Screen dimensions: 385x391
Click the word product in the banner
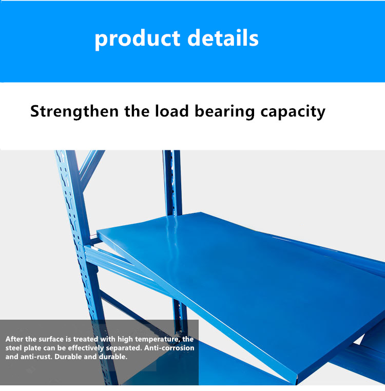pyautogui.click(x=138, y=39)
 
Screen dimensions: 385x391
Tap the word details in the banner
pyautogui.click(x=223, y=37)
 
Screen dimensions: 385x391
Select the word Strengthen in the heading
pyautogui.click(x=74, y=112)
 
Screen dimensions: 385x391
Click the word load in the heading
pyautogui.click(x=171, y=111)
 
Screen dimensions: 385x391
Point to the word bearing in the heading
pyautogui.click(x=224, y=112)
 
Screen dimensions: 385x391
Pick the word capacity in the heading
pyautogui.click(x=293, y=112)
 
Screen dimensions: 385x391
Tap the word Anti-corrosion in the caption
pyautogui.click(x=169, y=347)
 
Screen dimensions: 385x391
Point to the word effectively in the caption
pyautogui.click(x=86, y=348)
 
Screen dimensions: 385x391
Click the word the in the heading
pyautogui.click(x=137, y=111)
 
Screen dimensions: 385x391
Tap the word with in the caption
pyautogui.click(x=108, y=339)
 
